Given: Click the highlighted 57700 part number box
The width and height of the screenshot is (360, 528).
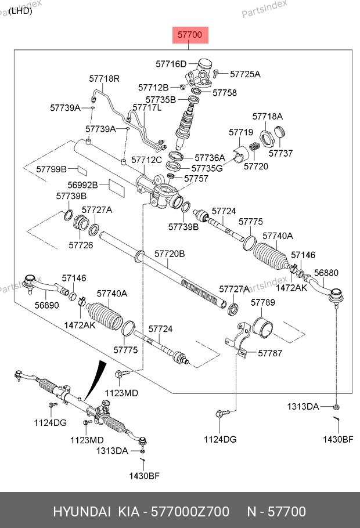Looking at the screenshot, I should coord(189,35).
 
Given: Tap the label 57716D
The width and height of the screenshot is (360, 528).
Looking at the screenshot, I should coord(171,64).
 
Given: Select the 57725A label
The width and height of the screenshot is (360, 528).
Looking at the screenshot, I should coord(245,74).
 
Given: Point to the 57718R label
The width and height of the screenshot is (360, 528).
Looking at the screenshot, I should coord(104,78).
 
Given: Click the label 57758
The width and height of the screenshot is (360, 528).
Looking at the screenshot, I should coord(224,93).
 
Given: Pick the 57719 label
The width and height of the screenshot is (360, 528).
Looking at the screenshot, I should coord(240,132).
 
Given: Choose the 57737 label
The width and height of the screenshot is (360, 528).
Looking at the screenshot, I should coord(280,154).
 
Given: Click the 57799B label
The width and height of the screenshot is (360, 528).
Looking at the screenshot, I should coord(52,169).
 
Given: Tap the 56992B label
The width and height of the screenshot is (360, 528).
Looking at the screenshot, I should coord(84,186).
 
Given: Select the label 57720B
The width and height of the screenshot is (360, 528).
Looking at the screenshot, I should coord(170,254).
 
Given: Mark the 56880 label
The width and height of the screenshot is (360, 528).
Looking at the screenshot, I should coord(326,273).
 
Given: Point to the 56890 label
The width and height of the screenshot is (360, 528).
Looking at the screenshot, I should coord(46,305).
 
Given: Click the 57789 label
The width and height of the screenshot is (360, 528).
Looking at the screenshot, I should coord(262,303).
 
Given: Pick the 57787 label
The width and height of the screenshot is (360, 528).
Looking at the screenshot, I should coord(270,353).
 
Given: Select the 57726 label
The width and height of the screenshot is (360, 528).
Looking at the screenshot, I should coord(81,245).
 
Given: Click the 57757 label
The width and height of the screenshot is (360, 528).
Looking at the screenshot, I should coord(196,179).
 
